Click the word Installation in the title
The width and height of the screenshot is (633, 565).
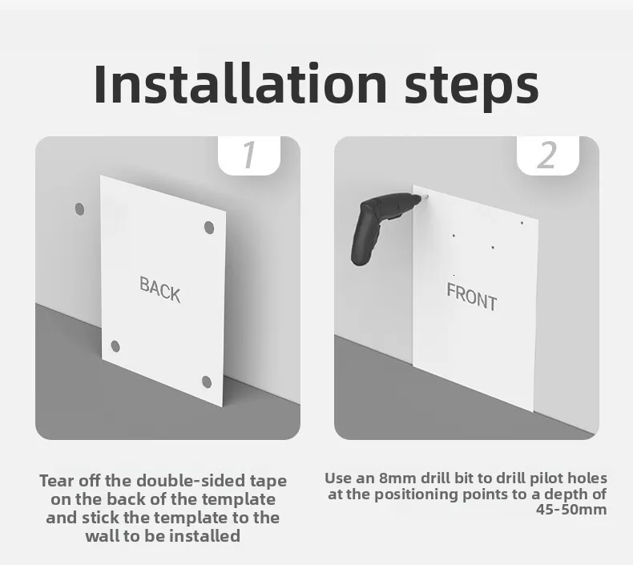240,83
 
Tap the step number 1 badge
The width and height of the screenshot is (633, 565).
249,155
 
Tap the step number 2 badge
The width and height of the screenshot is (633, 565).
547,155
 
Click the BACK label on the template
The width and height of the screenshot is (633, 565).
160,289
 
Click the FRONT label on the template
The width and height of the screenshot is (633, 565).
471,297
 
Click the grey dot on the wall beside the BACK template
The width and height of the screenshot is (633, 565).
79,209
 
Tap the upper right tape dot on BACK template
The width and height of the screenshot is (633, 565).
209,228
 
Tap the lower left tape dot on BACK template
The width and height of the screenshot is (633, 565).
115,346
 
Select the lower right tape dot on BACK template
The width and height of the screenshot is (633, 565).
207,381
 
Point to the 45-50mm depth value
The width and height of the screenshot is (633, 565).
571,509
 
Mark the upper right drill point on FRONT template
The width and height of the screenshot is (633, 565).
522,223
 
